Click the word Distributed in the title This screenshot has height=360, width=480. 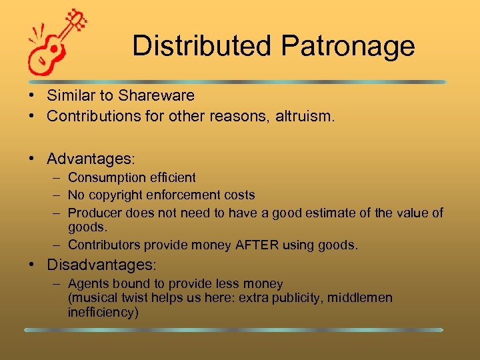point(202,46)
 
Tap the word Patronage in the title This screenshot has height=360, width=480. point(347,46)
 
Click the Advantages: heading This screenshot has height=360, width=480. point(91,159)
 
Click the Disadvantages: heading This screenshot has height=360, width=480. point(101,265)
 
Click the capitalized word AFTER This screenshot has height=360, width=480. point(256,245)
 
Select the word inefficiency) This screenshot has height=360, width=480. point(103,311)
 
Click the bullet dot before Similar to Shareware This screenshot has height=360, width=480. point(32,95)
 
